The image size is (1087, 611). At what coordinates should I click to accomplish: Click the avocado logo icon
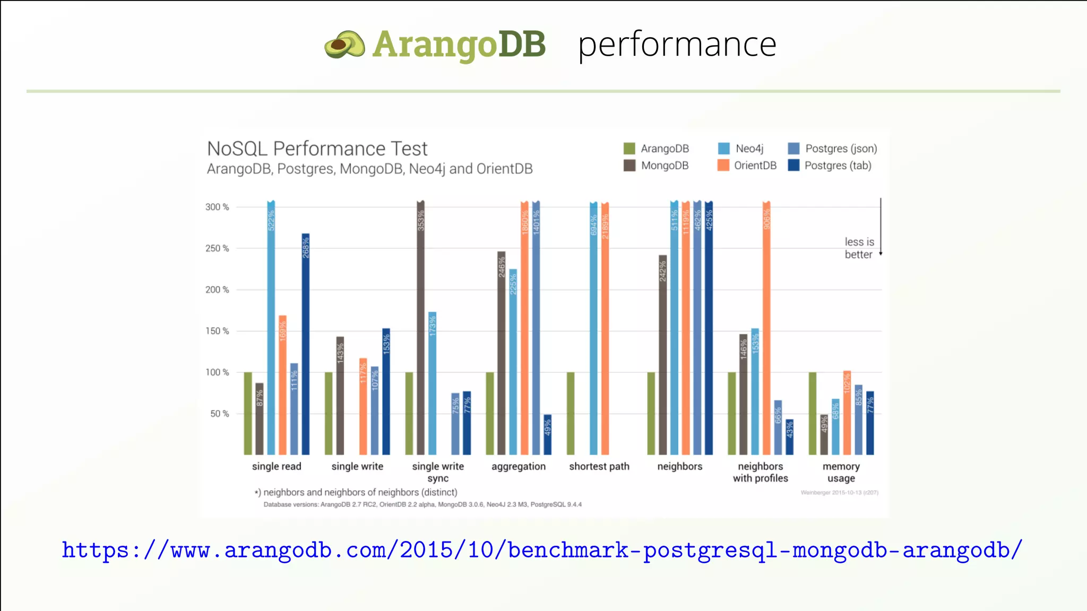click(345, 45)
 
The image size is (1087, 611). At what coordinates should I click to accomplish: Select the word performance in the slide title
click(677, 45)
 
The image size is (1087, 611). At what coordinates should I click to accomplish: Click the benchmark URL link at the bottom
click(542, 550)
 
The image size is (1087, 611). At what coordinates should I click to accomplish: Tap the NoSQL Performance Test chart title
click(317, 149)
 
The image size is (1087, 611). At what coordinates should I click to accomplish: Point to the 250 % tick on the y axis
click(217, 248)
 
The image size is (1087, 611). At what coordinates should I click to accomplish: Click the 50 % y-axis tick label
click(219, 414)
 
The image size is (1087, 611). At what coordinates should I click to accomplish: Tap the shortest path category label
click(599, 466)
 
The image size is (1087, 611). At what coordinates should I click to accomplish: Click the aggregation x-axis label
click(519, 466)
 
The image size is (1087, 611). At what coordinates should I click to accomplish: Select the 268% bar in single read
click(306, 345)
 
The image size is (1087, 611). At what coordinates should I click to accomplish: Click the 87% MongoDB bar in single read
click(260, 419)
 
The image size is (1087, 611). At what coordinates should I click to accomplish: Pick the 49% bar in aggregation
click(548, 435)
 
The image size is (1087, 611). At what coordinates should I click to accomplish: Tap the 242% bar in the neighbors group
click(663, 355)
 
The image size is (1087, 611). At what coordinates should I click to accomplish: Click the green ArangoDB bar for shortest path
click(571, 414)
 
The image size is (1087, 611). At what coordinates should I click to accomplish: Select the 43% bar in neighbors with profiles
click(790, 437)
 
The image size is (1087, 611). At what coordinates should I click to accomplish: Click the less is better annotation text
click(859, 248)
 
